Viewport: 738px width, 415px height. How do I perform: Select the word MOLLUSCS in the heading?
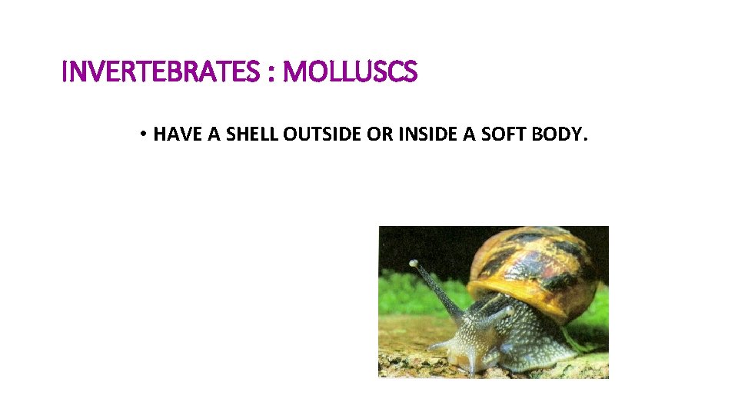click(351, 73)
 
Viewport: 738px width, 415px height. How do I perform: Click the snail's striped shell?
click(534, 265)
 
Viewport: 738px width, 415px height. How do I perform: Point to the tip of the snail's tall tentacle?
click(414, 264)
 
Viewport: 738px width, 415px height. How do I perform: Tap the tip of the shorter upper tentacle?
click(507, 310)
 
